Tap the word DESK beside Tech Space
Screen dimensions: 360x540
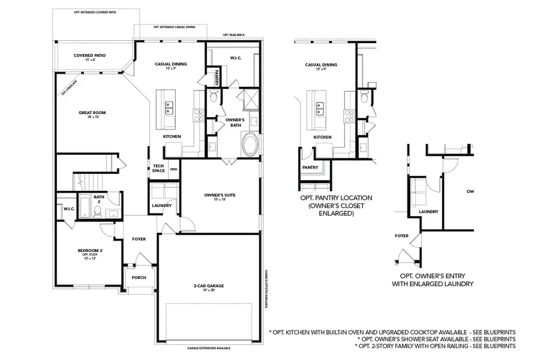tap(173, 169)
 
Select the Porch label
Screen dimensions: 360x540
tap(139, 277)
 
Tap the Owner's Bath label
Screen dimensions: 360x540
tap(233, 122)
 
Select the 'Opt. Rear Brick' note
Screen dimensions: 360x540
tap(234, 35)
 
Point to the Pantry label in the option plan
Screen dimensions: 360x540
tap(310, 167)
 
